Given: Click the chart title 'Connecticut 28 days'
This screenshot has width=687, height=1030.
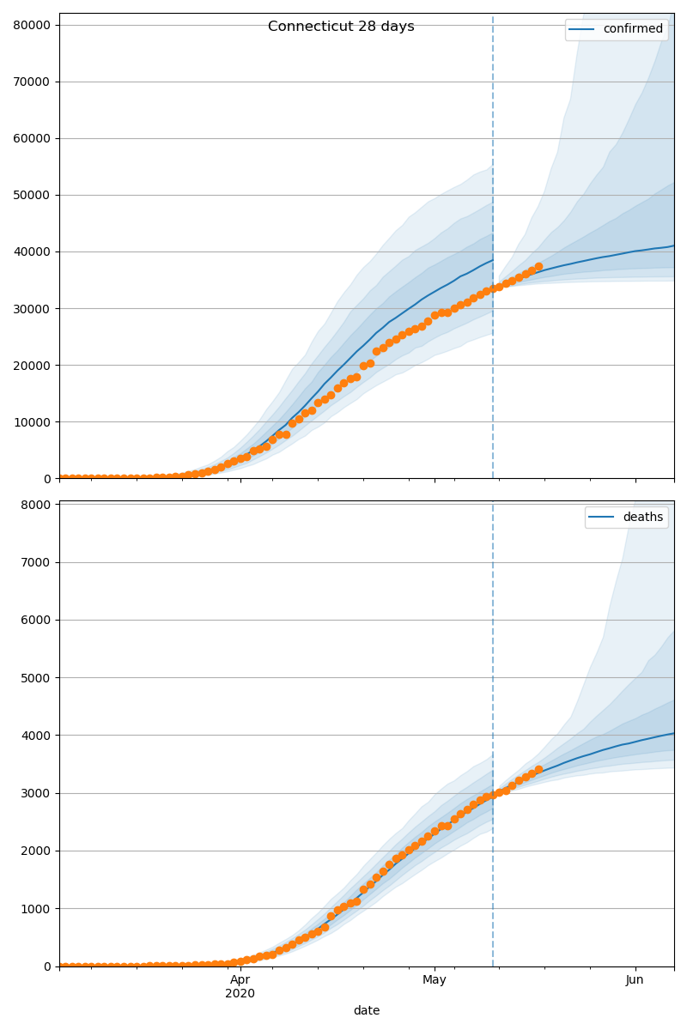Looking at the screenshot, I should (x=341, y=27).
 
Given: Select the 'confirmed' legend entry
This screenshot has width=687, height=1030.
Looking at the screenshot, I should (x=632, y=29).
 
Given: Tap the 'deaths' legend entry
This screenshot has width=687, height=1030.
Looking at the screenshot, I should (x=642, y=517).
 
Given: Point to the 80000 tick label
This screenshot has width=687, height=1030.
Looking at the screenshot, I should (x=33, y=25).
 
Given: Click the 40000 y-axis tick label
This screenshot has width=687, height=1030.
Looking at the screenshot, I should (x=33, y=251).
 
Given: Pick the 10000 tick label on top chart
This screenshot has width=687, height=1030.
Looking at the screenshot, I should (x=33, y=421).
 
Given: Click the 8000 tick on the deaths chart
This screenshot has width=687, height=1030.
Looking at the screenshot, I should (x=37, y=504).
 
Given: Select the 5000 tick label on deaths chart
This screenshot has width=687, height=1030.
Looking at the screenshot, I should (x=37, y=677).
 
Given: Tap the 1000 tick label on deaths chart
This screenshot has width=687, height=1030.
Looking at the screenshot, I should (x=37, y=908).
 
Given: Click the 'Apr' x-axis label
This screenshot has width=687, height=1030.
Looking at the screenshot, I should (x=240, y=979).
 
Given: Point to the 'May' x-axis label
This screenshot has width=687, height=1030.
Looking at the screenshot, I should (x=435, y=979).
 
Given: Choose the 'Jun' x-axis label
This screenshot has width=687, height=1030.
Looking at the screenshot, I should (x=635, y=979).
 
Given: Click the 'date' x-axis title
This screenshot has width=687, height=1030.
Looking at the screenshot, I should (x=367, y=1010).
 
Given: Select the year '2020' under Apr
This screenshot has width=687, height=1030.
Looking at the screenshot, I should (x=240, y=994).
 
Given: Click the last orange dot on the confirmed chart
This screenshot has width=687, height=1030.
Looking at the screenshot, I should (x=538, y=267).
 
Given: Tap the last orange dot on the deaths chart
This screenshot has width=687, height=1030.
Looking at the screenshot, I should (x=538, y=770).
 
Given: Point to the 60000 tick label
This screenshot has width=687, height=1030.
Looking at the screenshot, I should (x=33, y=138).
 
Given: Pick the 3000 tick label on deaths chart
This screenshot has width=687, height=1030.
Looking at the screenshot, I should (x=37, y=793).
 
